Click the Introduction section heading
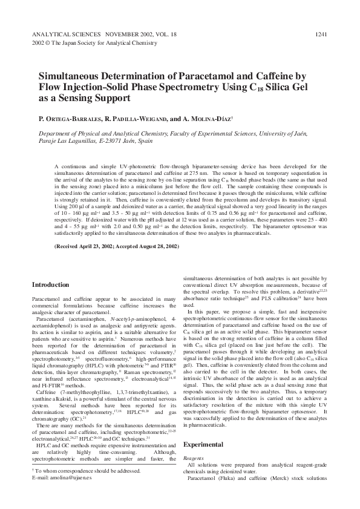50,284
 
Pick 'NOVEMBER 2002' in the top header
126,34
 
